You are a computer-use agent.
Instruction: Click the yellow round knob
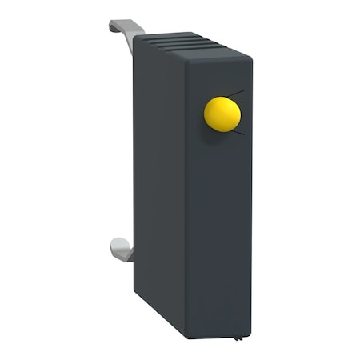(222, 114)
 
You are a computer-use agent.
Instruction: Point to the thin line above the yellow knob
(238, 94)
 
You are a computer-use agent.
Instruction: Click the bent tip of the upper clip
(114, 25)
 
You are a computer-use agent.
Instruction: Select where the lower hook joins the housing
(133, 254)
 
